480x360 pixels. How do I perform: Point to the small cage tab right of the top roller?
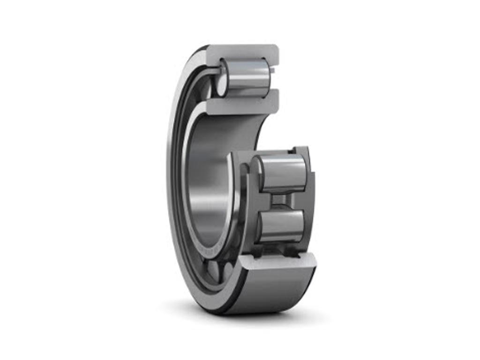(272, 70)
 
